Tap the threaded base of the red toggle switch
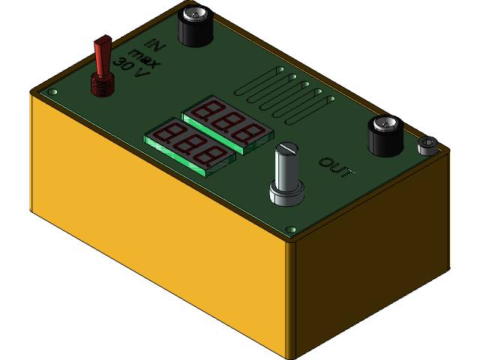103,85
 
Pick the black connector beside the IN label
196,26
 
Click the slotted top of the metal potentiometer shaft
287,149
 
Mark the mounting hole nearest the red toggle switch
52,92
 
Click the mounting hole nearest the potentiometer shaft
292,229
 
